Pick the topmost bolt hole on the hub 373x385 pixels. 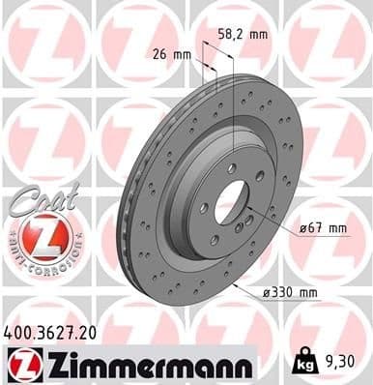point(232,168)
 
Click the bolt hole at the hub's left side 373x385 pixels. point(204,206)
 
